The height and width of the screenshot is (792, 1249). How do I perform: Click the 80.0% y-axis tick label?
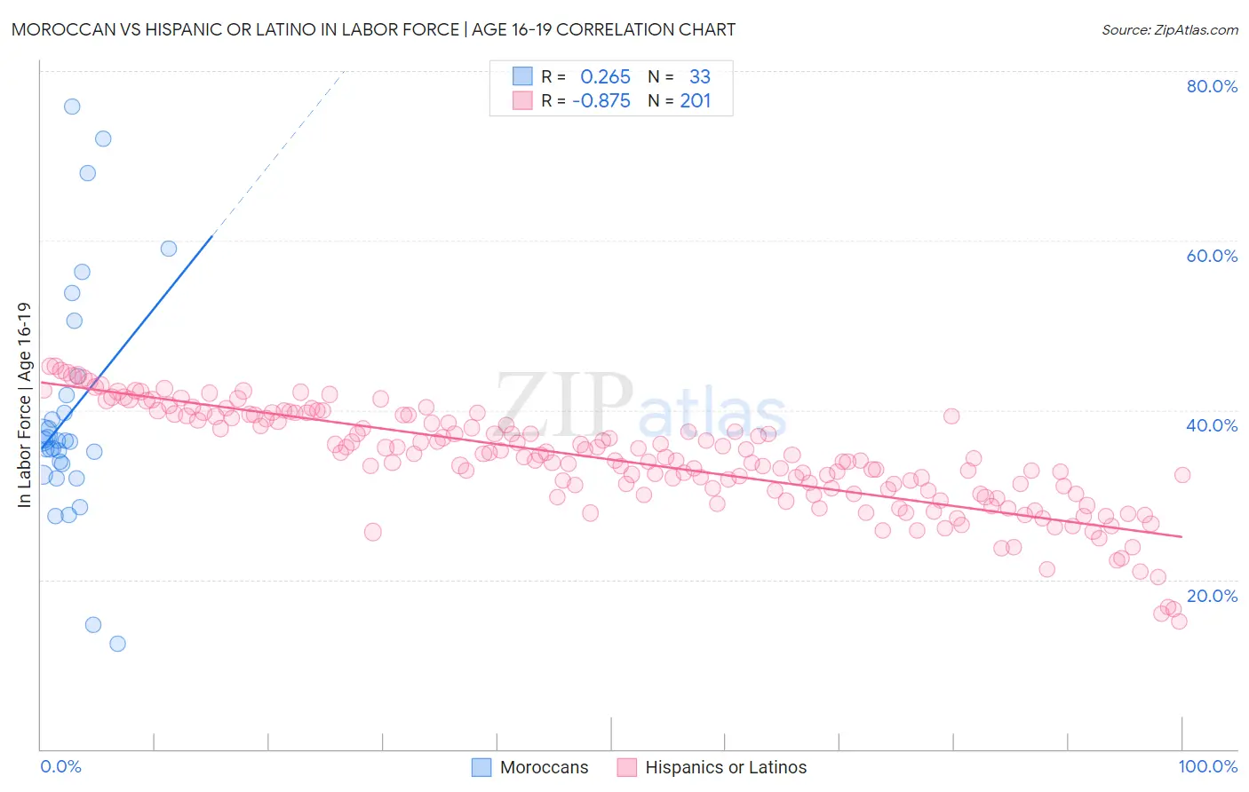coord(1212,86)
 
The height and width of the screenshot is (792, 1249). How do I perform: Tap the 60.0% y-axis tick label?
coord(1212,256)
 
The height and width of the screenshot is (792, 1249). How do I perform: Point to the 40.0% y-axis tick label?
coord(1212,425)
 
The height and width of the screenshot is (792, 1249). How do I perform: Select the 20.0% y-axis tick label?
coord(1212,596)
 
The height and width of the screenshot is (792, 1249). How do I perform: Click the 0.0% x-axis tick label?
coord(60,766)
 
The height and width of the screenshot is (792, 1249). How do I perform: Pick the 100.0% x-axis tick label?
coord(1208,766)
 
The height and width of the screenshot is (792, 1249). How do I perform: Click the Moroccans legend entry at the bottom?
coord(529,767)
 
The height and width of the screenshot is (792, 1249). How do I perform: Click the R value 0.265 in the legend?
coord(605,77)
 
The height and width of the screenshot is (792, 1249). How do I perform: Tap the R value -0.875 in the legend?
coord(601,101)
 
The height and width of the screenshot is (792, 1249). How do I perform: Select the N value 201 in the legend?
coord(696,101)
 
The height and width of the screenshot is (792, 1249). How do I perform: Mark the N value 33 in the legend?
coord(700,77)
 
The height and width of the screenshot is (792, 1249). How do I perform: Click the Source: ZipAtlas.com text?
coord(1169,30)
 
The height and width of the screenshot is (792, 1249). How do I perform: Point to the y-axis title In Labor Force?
coord(25,405)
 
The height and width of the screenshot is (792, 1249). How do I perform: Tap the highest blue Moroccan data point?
coord(72,107)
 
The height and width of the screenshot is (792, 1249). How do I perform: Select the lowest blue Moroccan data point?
coord(117,644)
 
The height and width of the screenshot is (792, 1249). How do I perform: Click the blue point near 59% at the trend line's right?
coord(169,249)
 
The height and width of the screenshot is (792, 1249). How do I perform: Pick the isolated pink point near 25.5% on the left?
coord(373,532)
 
